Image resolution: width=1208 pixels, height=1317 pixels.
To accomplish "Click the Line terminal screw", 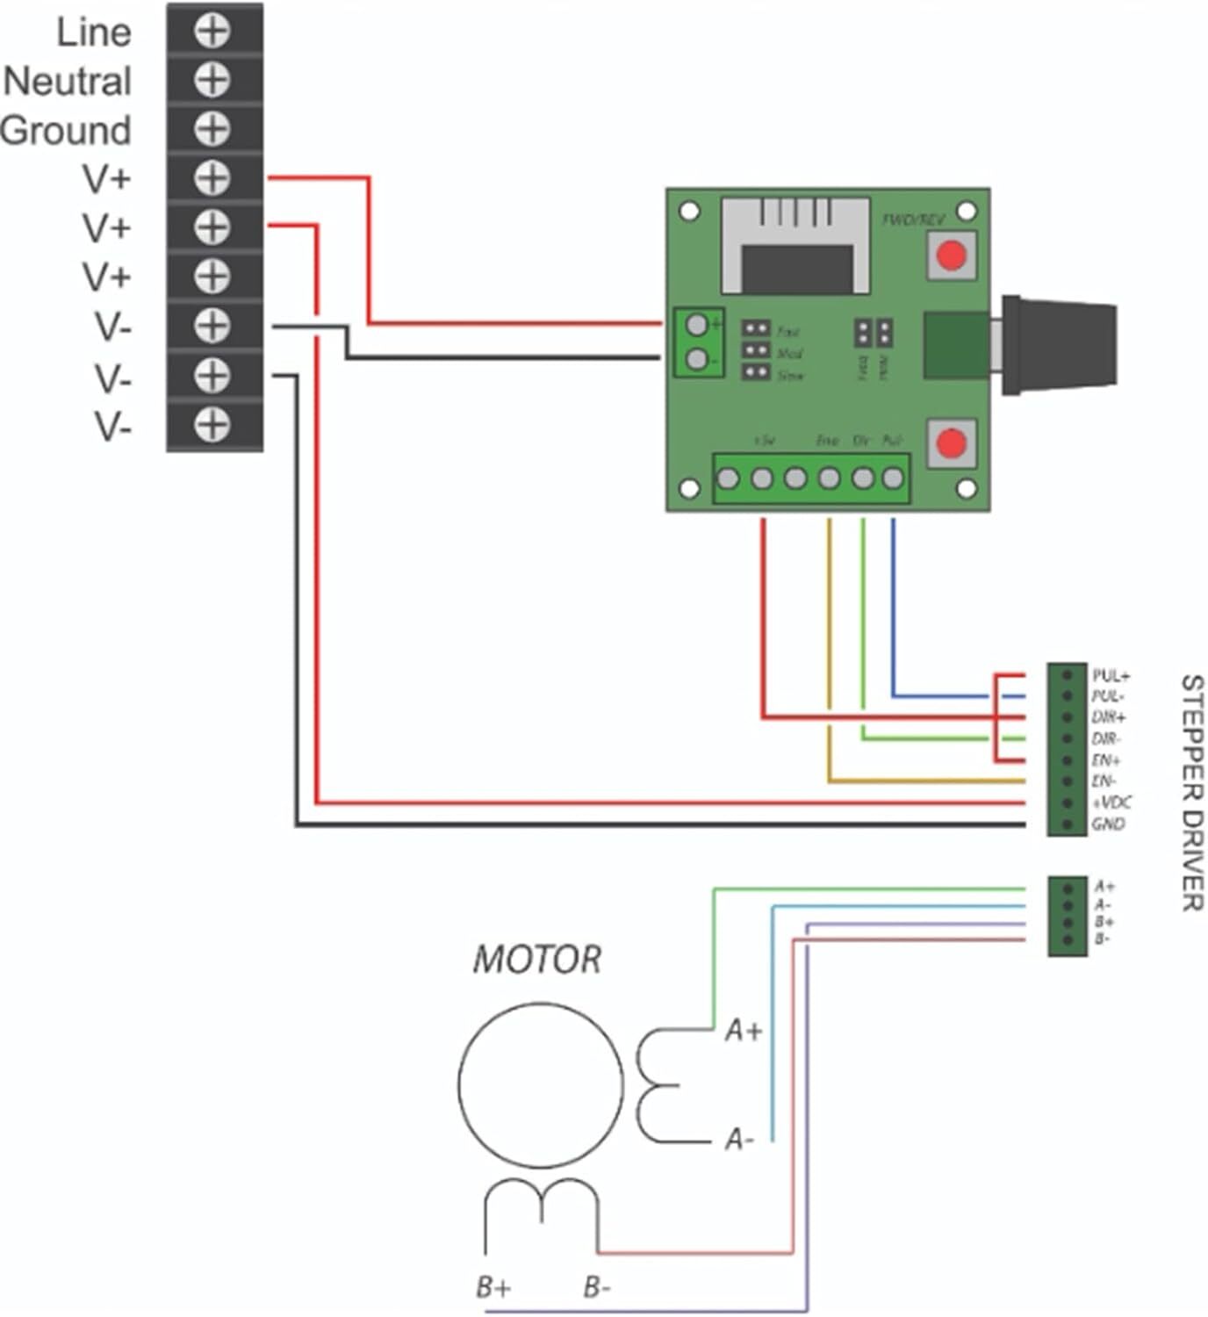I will [x=212, y=32].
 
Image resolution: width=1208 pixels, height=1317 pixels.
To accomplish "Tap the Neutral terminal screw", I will [x=212, y=81].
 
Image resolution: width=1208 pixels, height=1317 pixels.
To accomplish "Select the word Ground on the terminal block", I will [x=66, y=131].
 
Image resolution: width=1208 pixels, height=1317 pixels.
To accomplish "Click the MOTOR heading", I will [x=537, y=960].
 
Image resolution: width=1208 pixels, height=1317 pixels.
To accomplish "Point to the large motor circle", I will [x=541, y=1086].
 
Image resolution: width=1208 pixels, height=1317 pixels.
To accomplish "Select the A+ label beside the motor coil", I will [x=744, y=1031].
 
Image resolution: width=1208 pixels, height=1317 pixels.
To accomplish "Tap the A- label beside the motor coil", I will [x=739, y=1140].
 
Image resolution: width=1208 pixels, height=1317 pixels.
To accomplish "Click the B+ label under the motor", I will [x=493, y=1287].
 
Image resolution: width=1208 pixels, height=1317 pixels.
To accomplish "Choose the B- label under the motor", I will [x=598, y=1287].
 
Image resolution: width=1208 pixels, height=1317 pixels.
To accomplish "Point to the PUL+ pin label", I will [x=1111, y=676].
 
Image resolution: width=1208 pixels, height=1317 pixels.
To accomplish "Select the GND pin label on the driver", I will [x=1108, y=824].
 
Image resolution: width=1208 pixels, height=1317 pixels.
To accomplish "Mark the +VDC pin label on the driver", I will [x=1111, y=802].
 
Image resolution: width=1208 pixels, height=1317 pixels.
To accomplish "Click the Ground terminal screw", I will [x=212, y=130].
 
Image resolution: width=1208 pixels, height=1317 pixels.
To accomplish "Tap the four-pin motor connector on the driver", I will [x=1068, y=915].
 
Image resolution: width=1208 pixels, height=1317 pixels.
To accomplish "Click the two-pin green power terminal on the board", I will [x=698, y=342].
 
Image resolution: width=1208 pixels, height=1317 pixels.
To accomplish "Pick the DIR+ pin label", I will [x=1109, y=717].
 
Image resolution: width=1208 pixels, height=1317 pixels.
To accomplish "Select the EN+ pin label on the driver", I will [x=1106, y=760].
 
